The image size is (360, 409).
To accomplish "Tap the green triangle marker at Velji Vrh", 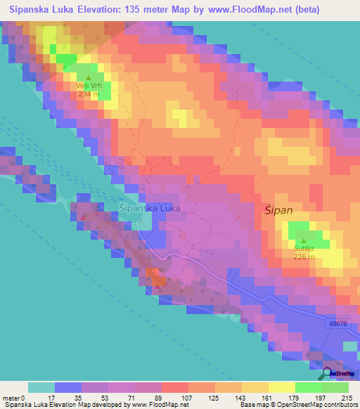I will [x=89, y=77].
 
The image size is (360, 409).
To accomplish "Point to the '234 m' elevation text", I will [x=89, y=93].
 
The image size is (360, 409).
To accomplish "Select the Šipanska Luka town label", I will [x=150, y=209].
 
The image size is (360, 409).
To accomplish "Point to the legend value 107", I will [x=186, y=397].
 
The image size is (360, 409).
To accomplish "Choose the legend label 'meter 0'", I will [x=13, y=397].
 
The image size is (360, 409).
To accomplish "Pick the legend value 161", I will [x=266, y=397].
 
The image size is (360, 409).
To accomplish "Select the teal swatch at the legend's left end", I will [x=41, y=387].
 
